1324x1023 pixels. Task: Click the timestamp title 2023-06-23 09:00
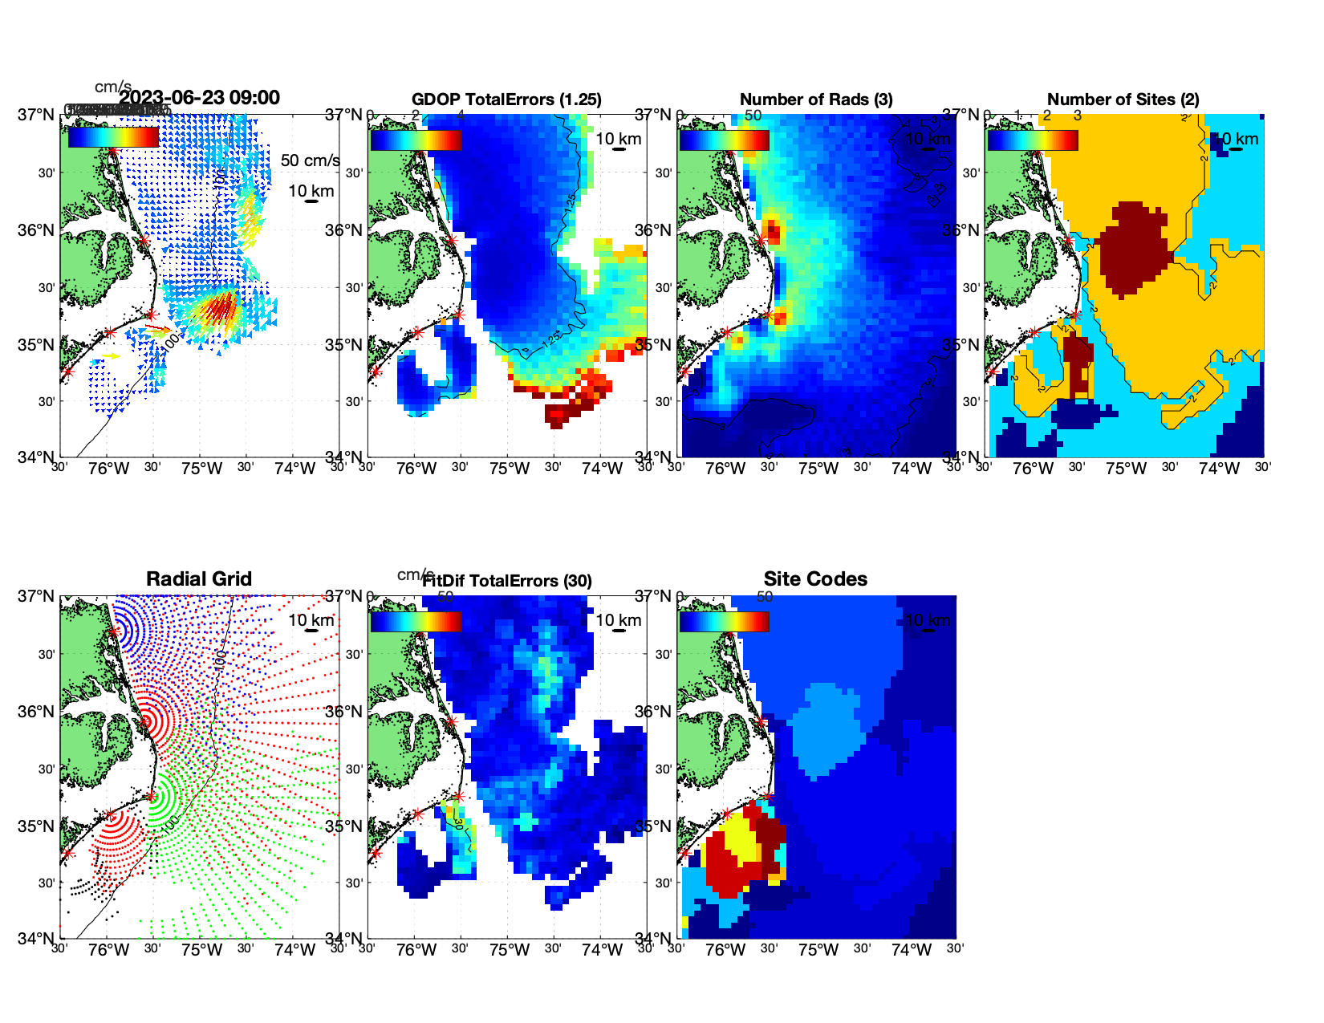coord(200,98)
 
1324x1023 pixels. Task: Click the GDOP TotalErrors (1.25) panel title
coord(506,99)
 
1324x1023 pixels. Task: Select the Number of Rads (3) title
coord(816,99)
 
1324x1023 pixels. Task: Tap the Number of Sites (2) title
coord(1123,99)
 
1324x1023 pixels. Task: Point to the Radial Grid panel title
coord(199,579)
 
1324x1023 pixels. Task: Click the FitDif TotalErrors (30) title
coord(508,581)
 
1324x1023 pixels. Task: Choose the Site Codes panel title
coord(815,579)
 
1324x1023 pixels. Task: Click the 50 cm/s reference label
coord(310,160)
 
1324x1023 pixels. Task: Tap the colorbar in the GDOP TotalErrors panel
coord(416,140)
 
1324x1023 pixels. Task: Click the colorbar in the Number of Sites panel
coord(1033,140)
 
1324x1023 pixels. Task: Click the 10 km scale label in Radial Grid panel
coord(311,620)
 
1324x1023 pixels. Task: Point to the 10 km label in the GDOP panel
coord(618,139)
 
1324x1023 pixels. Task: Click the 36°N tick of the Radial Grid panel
coord(37,712)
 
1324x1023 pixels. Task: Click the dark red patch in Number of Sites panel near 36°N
coord(1131,249)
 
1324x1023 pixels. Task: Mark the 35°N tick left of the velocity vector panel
coord(37,346)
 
